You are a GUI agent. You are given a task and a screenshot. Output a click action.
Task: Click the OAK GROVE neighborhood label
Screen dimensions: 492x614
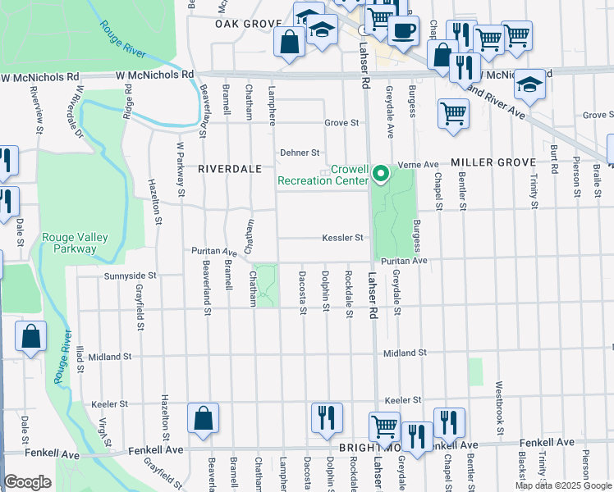[243, 25]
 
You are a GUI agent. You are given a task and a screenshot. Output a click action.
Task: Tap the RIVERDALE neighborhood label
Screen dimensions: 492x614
[230, 168]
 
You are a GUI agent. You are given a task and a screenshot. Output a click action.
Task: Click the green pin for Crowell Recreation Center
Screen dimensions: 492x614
[380, 174]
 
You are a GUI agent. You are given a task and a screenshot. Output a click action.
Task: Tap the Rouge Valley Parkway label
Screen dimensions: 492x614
[76, 243]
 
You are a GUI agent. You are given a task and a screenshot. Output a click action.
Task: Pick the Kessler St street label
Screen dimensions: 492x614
[341, 239]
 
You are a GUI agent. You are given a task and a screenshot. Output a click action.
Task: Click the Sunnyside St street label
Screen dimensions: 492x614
[130, 277]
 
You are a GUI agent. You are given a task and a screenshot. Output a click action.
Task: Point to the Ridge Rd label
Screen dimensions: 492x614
[128, 102]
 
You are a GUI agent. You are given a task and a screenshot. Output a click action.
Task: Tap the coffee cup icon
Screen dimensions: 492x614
[402, 31]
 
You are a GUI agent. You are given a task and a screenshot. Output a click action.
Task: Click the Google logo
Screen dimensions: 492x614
[28, 482]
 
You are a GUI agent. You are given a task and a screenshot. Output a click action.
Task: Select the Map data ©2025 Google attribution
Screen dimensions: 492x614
[563, 485]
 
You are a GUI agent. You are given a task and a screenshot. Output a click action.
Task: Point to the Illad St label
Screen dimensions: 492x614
[80, 358]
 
